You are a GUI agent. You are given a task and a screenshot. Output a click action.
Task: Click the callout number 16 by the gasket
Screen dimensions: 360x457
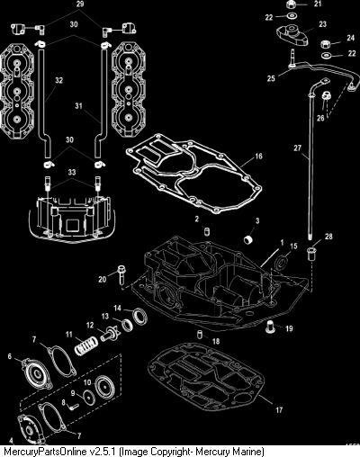[x=258, y=156]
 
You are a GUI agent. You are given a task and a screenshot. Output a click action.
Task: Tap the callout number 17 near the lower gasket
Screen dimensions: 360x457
[x=279, y=409]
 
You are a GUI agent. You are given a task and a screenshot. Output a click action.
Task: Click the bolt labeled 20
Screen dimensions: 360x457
[x=121, y=274]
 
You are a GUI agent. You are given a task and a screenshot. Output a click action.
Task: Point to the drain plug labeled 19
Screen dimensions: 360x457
[x=271, y=327]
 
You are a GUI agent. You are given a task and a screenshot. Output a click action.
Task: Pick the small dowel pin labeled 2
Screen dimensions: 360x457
[x=206, y=232]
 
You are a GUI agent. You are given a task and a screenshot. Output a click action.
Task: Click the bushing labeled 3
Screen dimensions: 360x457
[x=248, y=240]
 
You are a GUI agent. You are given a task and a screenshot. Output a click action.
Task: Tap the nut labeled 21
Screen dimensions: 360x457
[x=290, y=4]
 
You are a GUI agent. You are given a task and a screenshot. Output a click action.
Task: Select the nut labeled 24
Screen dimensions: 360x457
[x=326, y=45]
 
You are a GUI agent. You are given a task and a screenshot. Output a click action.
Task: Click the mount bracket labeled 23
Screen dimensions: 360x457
[x=292, y=35]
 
